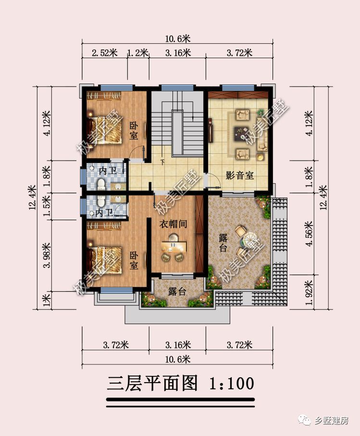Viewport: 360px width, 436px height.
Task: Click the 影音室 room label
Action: [x=239, y=175]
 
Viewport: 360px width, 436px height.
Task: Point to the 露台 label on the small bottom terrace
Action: [x=177, y=291]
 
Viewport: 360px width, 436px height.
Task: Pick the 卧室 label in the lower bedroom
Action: [x=134, y=259]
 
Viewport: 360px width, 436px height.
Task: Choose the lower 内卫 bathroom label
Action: [x=104, y=212]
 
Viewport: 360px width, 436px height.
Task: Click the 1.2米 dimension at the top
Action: [x=138, y=53]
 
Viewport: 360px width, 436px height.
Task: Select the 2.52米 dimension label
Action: [x=105, y=53]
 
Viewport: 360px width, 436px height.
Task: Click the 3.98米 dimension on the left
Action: [x=47, y=256]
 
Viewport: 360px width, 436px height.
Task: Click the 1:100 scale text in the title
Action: [x=231, y=384]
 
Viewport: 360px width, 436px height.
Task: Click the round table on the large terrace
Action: [x=249, y=238]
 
